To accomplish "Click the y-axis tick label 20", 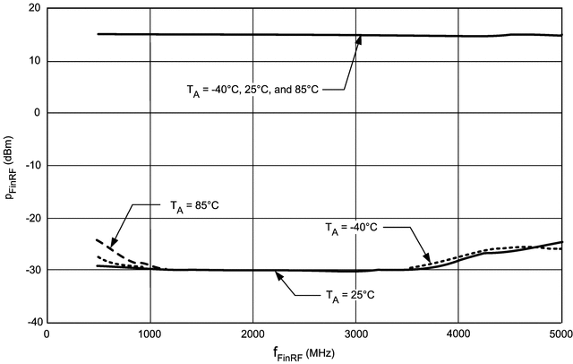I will click(x=34, y=9).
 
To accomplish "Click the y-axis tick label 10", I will click(x=34, y=61).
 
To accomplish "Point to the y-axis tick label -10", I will click(x=31, y=166).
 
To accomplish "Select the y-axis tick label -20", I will click(x=31, y=218).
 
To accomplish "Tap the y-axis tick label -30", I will click(x=31, y=270).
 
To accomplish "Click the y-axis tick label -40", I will click(x=31, y=322).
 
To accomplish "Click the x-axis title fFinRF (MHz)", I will click(x=304, y=353).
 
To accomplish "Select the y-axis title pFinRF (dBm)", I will click(x=11, y=166).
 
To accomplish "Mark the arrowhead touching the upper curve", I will click(x=358, y=39).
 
